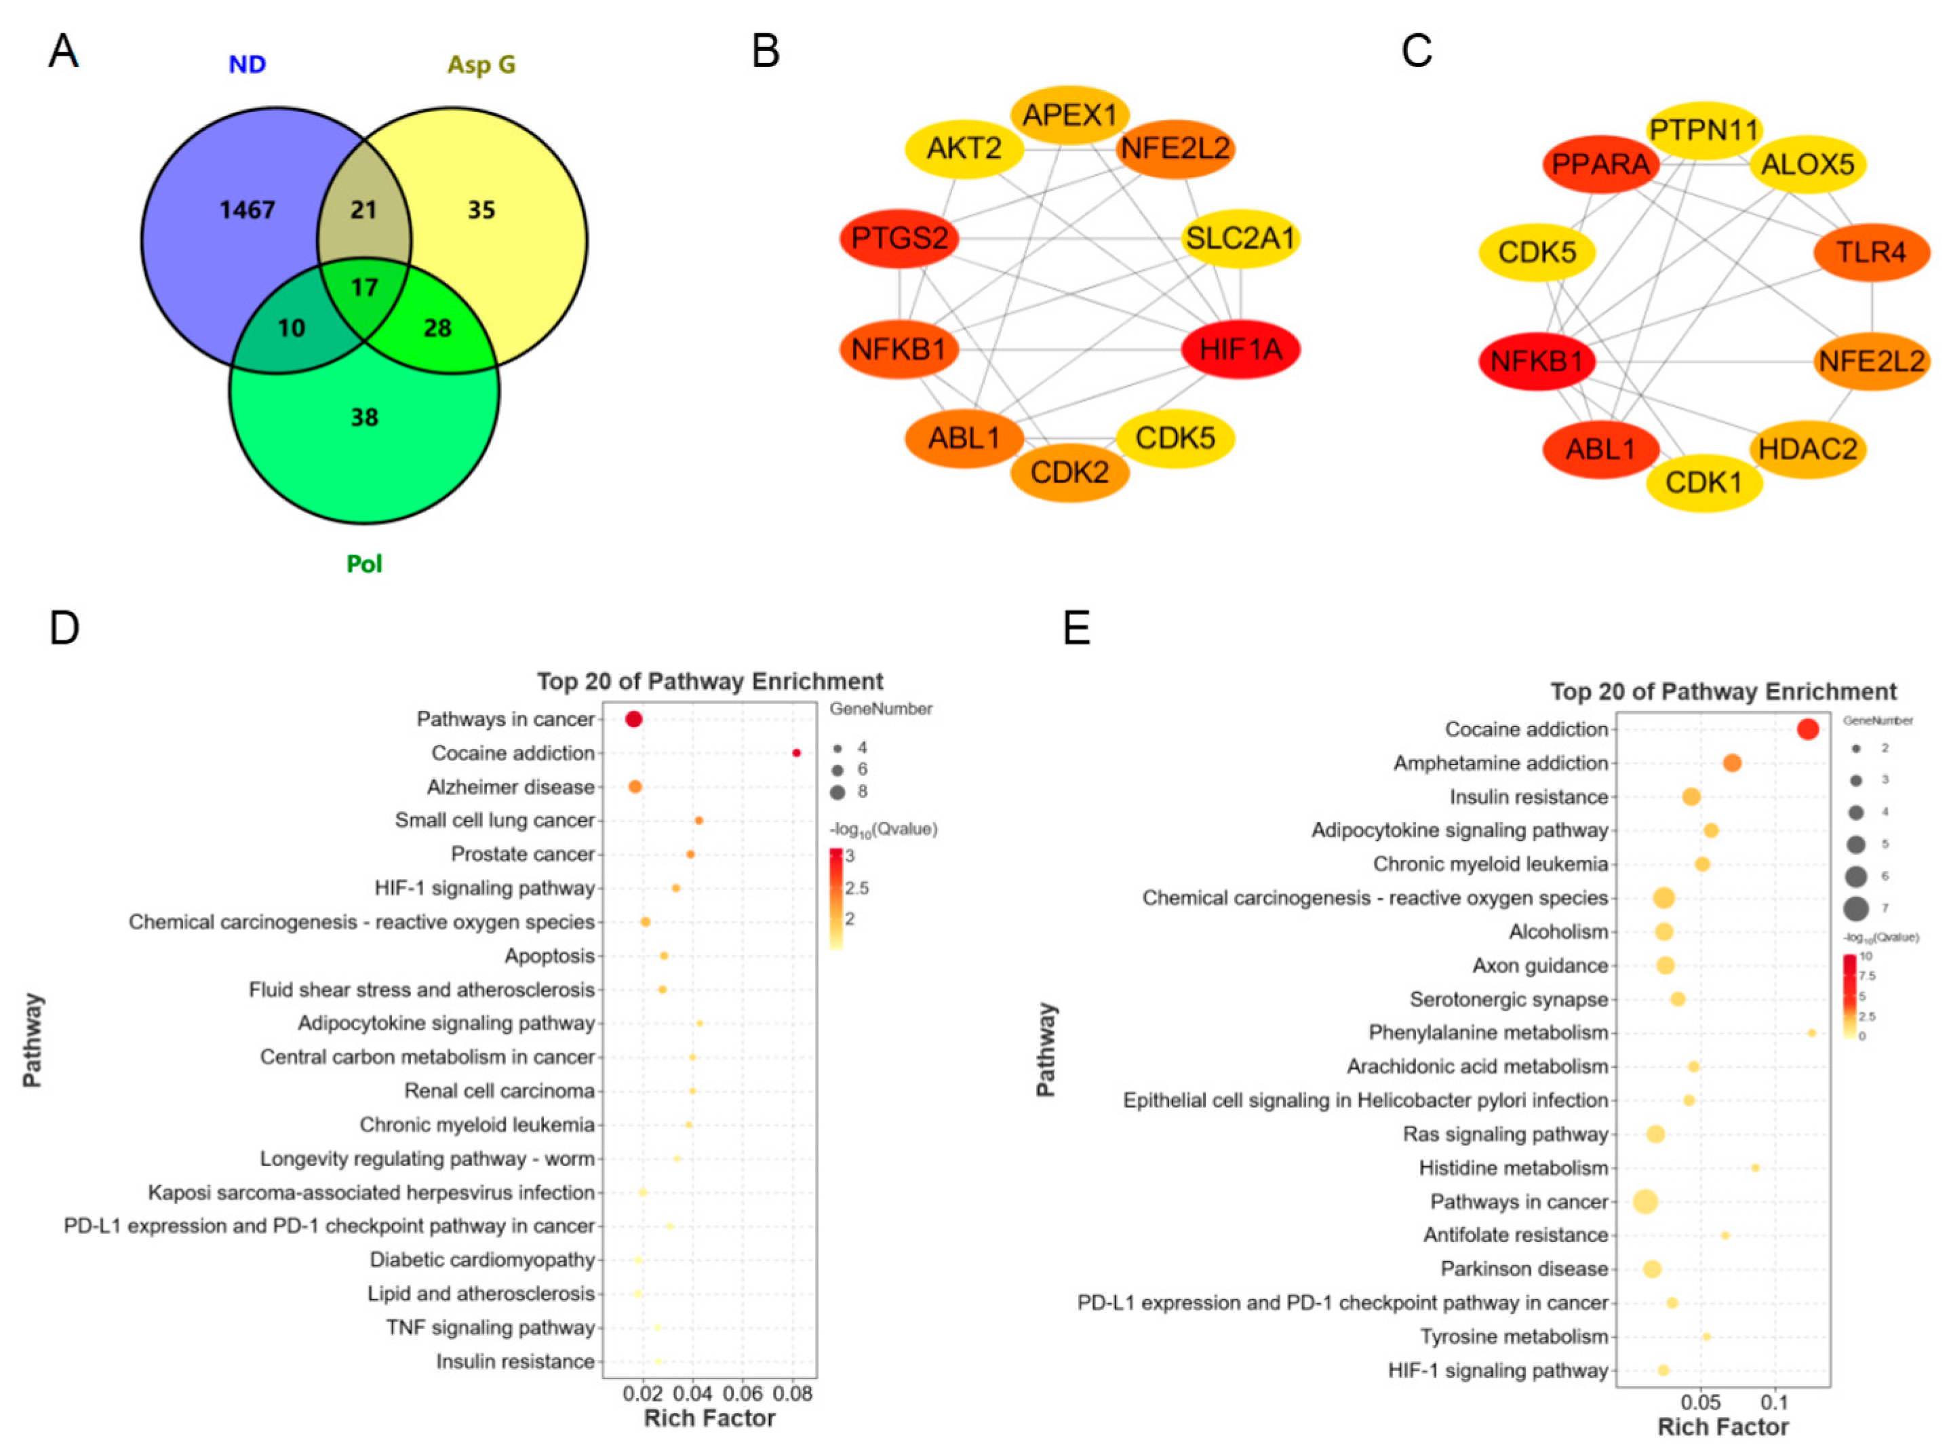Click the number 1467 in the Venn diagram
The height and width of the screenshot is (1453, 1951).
(x=247, y=210)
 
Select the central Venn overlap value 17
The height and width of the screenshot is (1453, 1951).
(x=364, y=288)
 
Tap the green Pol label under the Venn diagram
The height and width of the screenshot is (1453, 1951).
(x=364, y=564)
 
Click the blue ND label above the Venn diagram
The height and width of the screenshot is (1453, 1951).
(x=247, y=64)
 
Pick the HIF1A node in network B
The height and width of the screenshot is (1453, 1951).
(x=1240, y=350)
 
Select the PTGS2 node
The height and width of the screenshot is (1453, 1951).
(x=899, y=238)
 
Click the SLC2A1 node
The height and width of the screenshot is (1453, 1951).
(x=1240, y=238)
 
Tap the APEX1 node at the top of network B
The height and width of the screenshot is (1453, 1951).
(x=1069, y=115)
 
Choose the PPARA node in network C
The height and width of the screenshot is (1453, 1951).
(x=1600, y=163)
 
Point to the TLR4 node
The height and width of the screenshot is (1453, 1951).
(x=1871, y=252)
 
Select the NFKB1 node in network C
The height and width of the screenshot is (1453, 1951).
(x=1537, y=361)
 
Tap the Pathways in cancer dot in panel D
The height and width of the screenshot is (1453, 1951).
(x=633, y=720)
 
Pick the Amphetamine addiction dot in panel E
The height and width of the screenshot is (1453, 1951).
(x=1732, y=763)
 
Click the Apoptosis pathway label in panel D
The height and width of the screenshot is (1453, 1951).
(x=549, y=956)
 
